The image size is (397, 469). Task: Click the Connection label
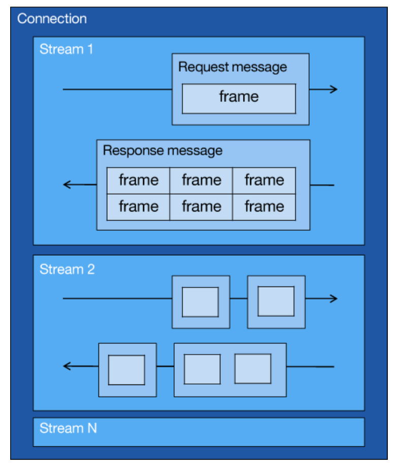pyautogui.click(x=52, y=19)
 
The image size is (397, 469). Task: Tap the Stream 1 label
pyautogui.click(x=66, y=50)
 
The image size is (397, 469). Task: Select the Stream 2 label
pyautogui.click(x=67, y=269)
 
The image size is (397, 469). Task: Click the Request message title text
pyautogui.click(x=233, y=67)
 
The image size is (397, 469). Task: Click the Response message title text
pyautogui.click(x=162, y=151)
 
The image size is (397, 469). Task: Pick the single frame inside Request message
pyautogui.click(x=239, y=98)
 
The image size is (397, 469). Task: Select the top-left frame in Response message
pyautogui.click(x=138, y=180)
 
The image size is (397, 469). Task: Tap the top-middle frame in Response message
pyautogui.click(x=201, y=180)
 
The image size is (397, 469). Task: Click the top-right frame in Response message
pyautogui.click(x=264, y=180)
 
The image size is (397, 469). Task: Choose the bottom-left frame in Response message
pyautogui.click(x=138, y=207)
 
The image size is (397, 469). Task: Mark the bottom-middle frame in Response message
pyautogui.click(x=201, y=207)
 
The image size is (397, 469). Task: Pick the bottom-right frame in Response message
pyautogui.click(x=264, y=207)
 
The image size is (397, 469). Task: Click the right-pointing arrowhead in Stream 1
pyautogui.click(x=333, y=89)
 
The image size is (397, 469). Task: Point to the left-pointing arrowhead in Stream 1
pyautogui.click(x=67, y=185)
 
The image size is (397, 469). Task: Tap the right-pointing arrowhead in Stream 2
pyautogui.click(x=333, y=298)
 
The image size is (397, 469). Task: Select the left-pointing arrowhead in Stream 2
pyautogui.click(x=67, y=366)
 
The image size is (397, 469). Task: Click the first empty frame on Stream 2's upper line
pyautogui.click(x=201, y=302)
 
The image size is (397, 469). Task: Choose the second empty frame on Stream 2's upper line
pyautogui.click(x=276, y=301)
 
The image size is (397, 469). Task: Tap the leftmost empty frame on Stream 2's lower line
pyautogui.click(x=127, y=370)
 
